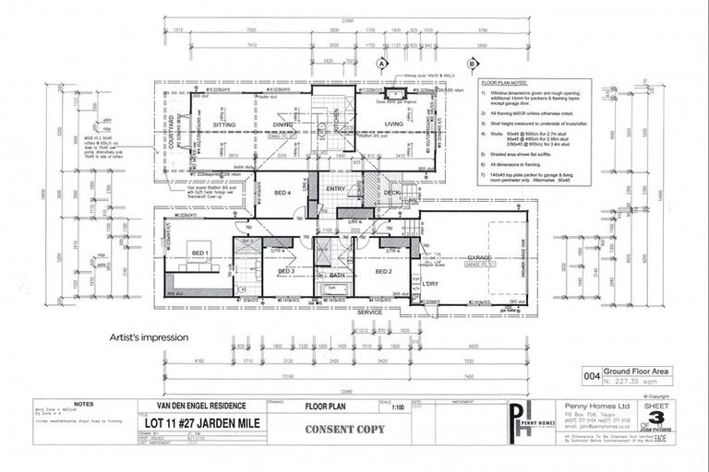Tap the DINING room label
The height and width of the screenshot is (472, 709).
[x=282, y=123]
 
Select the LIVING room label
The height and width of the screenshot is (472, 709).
[x=394, y=123]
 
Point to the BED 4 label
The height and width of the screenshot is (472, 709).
[x=283, y=192]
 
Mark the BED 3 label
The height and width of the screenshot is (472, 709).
[x=286, y=272]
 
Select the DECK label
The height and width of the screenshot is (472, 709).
[x=392, y=192]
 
